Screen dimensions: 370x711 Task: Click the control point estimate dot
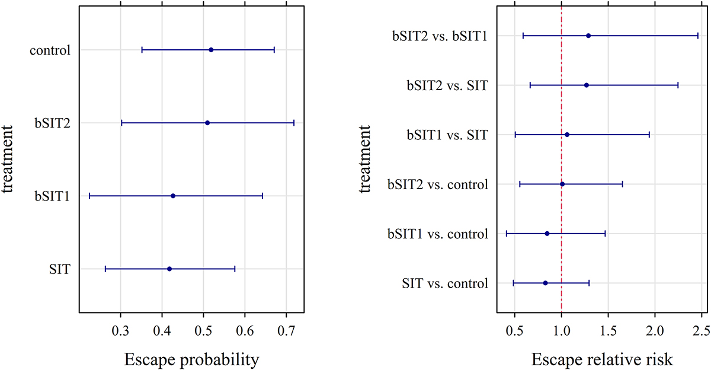click(211, 50)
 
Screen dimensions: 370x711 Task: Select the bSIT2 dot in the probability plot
click(207, 123)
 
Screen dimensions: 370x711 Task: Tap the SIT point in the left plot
click(169, 269)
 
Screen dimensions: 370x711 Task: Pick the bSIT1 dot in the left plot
click(173, 196)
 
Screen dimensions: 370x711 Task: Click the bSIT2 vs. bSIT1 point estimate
click(588, 36)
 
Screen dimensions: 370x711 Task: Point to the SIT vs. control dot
click(545, 283)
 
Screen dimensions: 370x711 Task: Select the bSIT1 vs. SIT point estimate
click(567, 135)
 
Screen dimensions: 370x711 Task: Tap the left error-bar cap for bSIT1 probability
click(89, 196)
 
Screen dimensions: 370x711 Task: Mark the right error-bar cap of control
click(274, 50)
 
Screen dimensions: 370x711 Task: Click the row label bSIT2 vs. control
click(438, 184)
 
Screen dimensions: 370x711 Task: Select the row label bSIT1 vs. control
click(438, 234)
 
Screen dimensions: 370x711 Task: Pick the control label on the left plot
click(50, 50)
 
